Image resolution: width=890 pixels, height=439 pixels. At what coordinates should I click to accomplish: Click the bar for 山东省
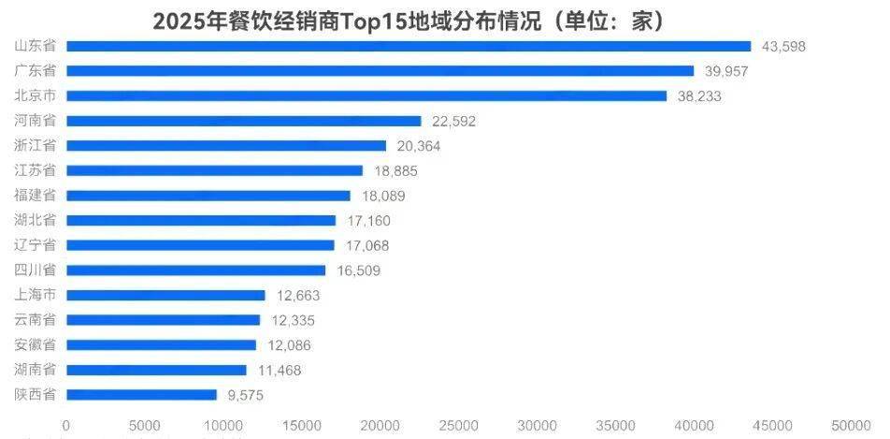point(409,46)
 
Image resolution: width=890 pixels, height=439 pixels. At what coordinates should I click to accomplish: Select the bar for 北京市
point(366,95)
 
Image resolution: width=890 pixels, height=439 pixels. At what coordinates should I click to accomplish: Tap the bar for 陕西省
point(141,395)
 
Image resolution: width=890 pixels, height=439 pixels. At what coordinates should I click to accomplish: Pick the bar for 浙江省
point(226,145)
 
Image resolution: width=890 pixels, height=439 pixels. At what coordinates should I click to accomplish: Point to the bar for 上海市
point(165,295)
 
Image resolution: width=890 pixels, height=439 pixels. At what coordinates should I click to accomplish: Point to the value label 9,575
point(245,395)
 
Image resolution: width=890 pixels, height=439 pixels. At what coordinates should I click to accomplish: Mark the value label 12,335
point(289,320)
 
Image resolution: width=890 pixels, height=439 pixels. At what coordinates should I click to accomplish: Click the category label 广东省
point(36,71)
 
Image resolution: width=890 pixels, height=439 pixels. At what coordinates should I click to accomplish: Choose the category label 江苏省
point(36,170)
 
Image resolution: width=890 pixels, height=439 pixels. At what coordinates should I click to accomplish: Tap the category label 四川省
point(36,271)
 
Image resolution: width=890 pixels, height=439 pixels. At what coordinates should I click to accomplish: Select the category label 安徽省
point(36,345)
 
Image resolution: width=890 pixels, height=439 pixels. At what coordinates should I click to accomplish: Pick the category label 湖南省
point(36,370)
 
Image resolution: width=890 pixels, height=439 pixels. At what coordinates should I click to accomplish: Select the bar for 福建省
point(208,196)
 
